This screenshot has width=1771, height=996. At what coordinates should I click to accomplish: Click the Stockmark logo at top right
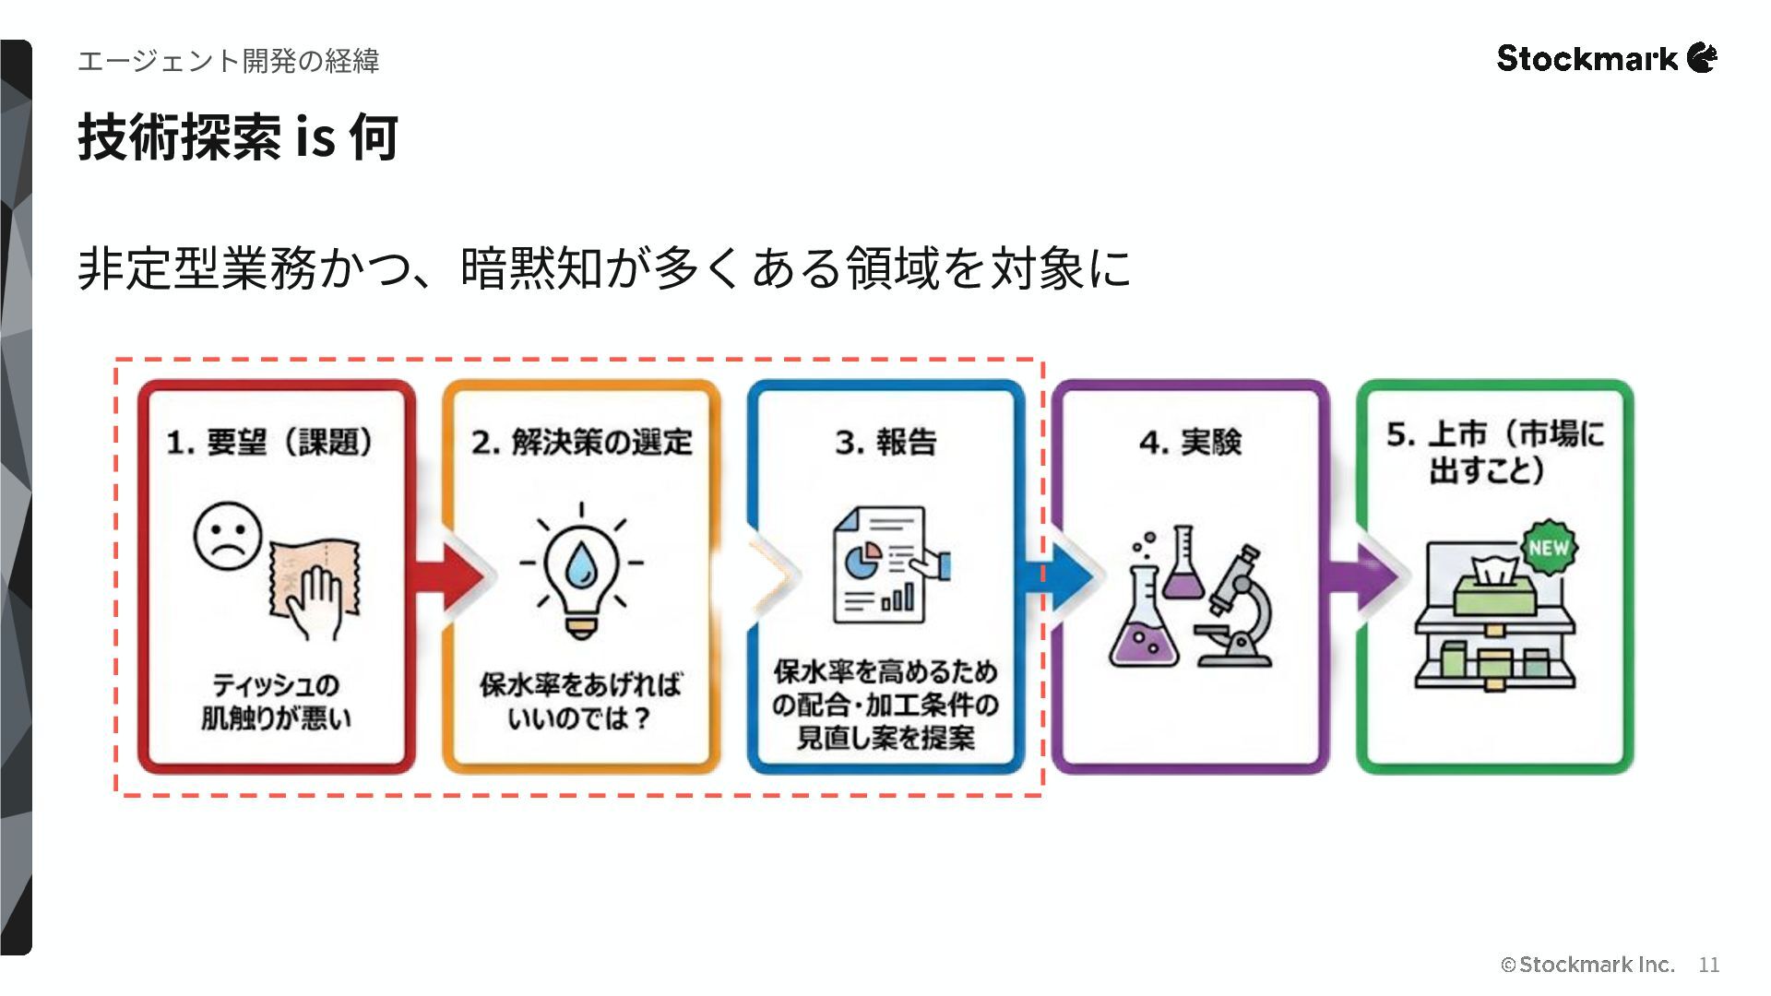[x=1606, y=58]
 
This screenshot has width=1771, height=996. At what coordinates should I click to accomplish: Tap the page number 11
[x=1709, y=965]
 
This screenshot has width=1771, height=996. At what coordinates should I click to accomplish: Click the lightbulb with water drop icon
[x=581, y=569]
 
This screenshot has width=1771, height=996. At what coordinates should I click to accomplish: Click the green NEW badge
[x=1548, y=548]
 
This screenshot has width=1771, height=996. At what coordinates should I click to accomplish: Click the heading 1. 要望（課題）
[x=270, y=442]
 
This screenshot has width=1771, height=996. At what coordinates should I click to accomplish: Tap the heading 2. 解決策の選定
[x=581, y=442]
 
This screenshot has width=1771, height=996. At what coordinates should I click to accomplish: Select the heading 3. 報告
[x=885, y=442]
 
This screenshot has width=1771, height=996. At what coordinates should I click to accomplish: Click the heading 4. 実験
[x=1190, y=442]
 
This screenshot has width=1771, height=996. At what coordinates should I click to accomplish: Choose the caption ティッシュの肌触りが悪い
[x=276, y=702]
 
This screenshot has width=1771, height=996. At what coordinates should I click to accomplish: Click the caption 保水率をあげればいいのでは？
[x=581, y=702]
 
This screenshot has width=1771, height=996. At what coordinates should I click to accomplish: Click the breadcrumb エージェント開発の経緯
[x=229, y=61]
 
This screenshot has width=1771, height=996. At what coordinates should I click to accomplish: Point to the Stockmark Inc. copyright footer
[x=1587, y=965]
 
